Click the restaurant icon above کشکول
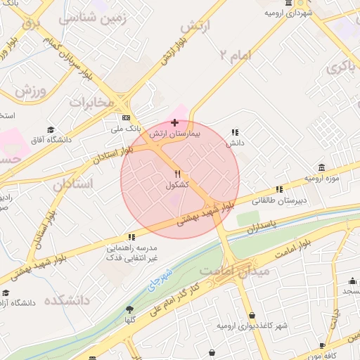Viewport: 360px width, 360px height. click(178, 174)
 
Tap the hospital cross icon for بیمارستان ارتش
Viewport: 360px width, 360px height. click(174, 122)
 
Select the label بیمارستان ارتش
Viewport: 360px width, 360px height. click(179, 133)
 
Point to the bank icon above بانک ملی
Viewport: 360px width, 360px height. click(126, 117)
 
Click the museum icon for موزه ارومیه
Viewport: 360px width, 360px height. click(321, 167)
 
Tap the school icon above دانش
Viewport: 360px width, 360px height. click(235, 131)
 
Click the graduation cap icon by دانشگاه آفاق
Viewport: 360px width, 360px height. click(51, 129)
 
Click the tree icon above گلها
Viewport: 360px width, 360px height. click(129, 309)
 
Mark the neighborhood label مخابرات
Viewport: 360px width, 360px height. click(91, 102)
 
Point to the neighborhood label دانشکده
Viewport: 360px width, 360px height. click(67, 300)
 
